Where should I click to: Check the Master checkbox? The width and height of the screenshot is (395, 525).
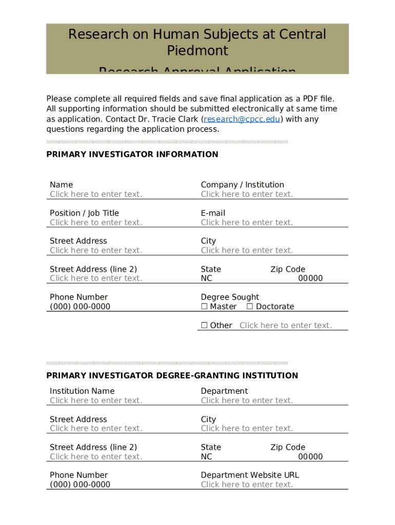(x=204, y=307)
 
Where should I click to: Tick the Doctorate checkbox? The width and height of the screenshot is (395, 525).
(x=250, y=307)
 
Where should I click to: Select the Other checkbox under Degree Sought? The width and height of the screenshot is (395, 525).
(x=204, y=325)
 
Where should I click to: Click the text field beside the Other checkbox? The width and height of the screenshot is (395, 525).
(x=285, y=326)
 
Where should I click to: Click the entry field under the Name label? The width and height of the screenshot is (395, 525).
(x=96, y=194)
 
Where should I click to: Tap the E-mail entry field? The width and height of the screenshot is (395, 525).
(x=247, y=223)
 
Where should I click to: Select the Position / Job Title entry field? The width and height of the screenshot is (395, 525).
(x=96, y=223)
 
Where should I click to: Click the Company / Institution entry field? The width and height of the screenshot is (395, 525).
(x=247, y=194)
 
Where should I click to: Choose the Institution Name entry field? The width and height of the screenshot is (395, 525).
(x=96, y=400)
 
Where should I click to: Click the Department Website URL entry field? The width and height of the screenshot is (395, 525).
(x=247, y=484)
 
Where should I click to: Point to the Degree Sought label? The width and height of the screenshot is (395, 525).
(x=230, y=297)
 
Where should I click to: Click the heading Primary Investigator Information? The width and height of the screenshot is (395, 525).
(x=132, y=154)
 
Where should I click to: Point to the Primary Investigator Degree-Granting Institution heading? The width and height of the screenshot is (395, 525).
(x=172, y=376)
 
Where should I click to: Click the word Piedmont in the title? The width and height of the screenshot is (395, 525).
(x=197, y=51)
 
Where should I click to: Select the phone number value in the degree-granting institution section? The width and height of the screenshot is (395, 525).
(x=80, y=484)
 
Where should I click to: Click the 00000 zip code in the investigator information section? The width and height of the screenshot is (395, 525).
(x=310, y=278)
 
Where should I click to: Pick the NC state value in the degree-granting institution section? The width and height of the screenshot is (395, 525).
(x=206, y=457)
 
